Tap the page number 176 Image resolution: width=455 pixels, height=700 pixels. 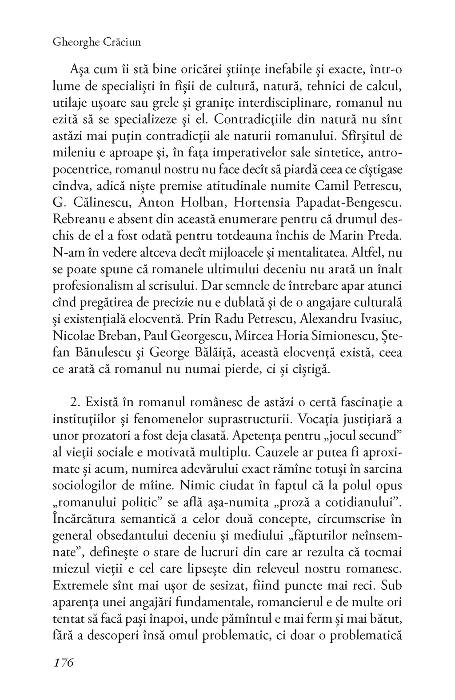63,662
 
